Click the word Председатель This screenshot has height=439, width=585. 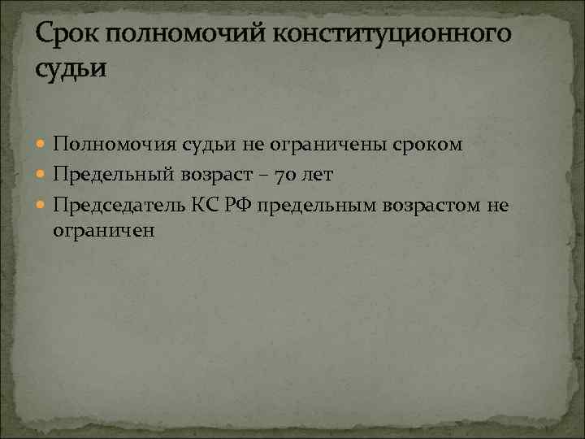tap(119, 205)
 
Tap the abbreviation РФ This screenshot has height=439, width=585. tap(242, 205)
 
